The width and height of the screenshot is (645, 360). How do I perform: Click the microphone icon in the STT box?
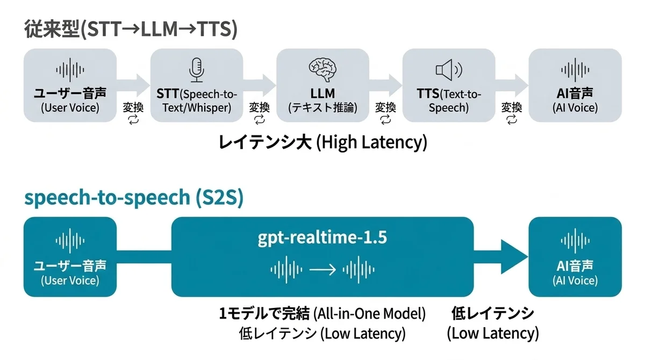tap(197, 70)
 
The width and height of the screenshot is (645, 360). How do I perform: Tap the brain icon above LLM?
tap(322, 70)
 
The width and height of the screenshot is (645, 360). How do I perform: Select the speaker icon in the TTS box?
tap(449, 70)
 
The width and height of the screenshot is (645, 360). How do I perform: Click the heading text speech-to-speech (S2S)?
tap(134, 198)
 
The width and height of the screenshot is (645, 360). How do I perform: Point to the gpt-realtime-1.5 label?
tap(322, 237)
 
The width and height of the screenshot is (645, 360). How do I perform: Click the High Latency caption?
tap(322, 142)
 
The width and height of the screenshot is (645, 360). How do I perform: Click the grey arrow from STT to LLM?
tap(260, 85)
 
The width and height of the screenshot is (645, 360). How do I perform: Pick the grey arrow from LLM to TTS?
tap(385, 85)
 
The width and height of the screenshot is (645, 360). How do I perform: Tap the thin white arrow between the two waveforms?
tap(322, 270)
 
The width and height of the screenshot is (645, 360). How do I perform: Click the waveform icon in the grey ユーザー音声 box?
tap(70, 70)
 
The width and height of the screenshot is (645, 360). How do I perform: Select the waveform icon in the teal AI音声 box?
tap(575, 241)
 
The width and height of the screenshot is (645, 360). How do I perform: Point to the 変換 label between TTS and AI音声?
tap(512, 107)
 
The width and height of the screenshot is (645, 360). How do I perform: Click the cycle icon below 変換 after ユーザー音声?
tap(134, 119)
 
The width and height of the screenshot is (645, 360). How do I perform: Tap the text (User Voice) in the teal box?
tap(70, 280)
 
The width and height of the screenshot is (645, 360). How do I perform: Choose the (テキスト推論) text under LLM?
tap(322, 108)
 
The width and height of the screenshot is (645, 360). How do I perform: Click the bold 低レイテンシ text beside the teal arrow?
tap(493, 313)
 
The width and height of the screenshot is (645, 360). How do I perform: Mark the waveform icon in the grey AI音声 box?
tap(575, 70)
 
